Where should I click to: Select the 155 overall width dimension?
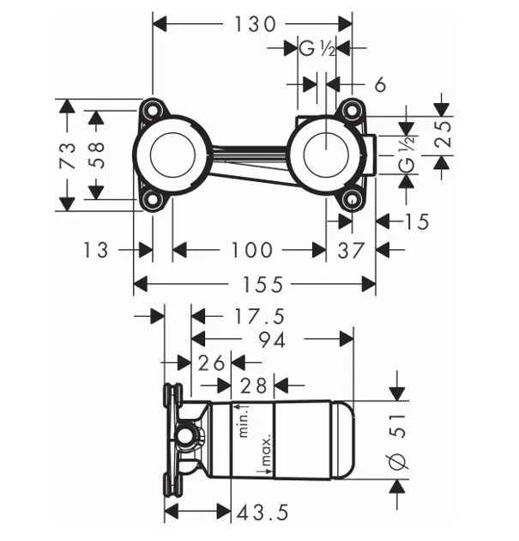pyautogui.click(x=255, y=284)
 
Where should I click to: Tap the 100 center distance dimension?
pyautogui.click(x=250, y=250)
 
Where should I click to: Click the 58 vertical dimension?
pyautogui.click(x=96, y=154)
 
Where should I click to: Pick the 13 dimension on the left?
pyautogui.click(x=97, y=250)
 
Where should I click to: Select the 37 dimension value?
pyautogui.click(x=352, y=250)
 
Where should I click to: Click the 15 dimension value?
pyautogui.click(x=416, y=222)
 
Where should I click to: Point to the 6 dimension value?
pyautogui.click(x=380, y=84)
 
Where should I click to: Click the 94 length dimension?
pyautogui.click(x=271, y=340)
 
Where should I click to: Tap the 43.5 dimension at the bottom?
pyautogui.click(x=263, y=513)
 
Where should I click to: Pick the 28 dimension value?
pyautogui.click(x=255, y=386)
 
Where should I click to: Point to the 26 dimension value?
pyautogui.click(x=211, y=362)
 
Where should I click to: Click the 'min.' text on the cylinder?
pyautogui.click(x=243, y=420)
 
